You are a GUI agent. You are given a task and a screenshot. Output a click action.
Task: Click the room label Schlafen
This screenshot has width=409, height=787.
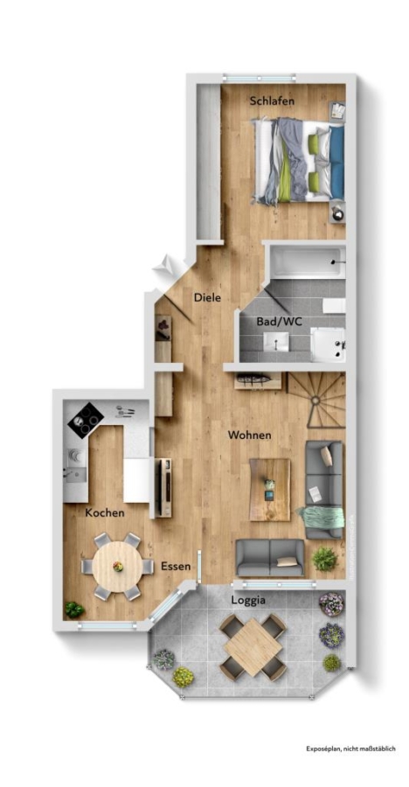coord(272,101)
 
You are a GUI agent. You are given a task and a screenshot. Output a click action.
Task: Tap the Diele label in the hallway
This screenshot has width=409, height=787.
coord(207,297)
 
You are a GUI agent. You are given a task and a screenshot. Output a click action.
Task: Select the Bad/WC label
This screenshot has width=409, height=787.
coord(279,321)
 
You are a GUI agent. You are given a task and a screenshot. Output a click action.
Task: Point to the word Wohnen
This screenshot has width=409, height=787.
coord(249,435)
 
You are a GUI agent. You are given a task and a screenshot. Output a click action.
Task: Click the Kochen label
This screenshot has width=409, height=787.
coord(104,513)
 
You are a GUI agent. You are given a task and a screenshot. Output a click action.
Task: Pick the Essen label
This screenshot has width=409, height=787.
coord(176,566)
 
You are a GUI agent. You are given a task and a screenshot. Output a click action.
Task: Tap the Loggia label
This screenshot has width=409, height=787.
coord(248,600)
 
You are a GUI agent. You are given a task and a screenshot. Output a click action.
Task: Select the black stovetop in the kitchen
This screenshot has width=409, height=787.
coord(86,421)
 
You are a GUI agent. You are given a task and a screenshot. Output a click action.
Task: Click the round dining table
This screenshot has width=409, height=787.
coord(118,567)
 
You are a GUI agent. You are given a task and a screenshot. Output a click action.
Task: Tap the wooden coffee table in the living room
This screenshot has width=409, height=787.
coord(269,490)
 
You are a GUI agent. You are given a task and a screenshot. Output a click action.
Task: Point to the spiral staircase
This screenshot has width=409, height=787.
coord(316,400)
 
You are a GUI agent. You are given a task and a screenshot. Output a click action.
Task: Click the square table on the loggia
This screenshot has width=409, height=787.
coord(253,647)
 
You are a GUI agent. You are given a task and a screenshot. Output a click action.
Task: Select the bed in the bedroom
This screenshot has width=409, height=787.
coord(299,161)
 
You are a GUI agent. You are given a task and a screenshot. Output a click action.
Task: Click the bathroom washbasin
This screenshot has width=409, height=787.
coord(276,342)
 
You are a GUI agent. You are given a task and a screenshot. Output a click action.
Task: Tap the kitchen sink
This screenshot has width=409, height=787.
coord(75,473)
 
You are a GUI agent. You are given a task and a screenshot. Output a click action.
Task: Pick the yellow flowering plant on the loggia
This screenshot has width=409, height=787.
coord(184,677)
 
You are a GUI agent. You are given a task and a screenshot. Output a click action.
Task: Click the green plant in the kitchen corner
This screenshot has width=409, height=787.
coord(74,609)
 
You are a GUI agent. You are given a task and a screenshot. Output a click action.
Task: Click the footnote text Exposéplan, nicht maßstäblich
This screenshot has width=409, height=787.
coord(351,749)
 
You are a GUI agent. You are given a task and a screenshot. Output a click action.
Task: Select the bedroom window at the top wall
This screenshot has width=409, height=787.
coord(258,79)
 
